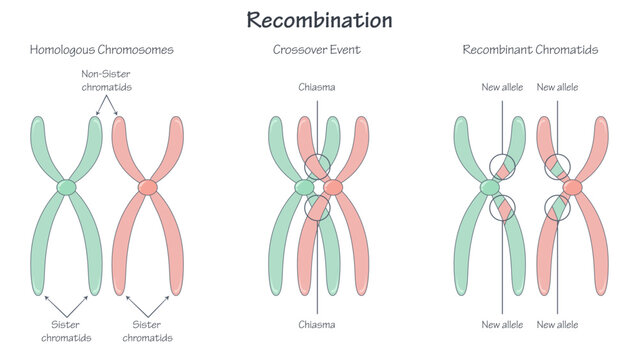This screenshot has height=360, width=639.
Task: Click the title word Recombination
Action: [319, 20]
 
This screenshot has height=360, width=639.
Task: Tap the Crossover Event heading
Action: [317, 49]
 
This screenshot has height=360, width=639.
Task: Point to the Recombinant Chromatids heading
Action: [530, 49]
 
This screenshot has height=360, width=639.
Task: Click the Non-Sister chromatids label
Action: [106, 80]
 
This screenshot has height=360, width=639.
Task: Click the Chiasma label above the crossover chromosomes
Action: [317, 87]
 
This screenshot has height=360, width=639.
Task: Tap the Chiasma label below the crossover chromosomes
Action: [317, 324]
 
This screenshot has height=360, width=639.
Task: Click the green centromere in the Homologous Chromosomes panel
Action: [66, 187]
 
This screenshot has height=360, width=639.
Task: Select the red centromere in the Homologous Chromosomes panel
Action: [148, 187]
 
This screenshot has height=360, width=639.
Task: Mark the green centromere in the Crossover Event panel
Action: [304, 187]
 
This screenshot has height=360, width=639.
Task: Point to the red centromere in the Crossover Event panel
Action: [332, 187]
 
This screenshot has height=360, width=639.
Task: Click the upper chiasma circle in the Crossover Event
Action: [317, 166]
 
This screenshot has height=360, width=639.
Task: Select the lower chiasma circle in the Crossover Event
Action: [317, 207]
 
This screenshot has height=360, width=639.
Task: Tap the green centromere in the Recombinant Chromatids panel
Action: [490, 187]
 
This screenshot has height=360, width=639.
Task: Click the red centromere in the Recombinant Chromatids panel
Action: [571, 187]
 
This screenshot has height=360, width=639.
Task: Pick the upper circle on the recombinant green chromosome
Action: [502, 166]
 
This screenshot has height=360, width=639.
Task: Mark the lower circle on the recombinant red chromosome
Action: [557, 208]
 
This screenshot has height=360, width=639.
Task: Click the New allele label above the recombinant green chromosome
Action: [502, 87]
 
